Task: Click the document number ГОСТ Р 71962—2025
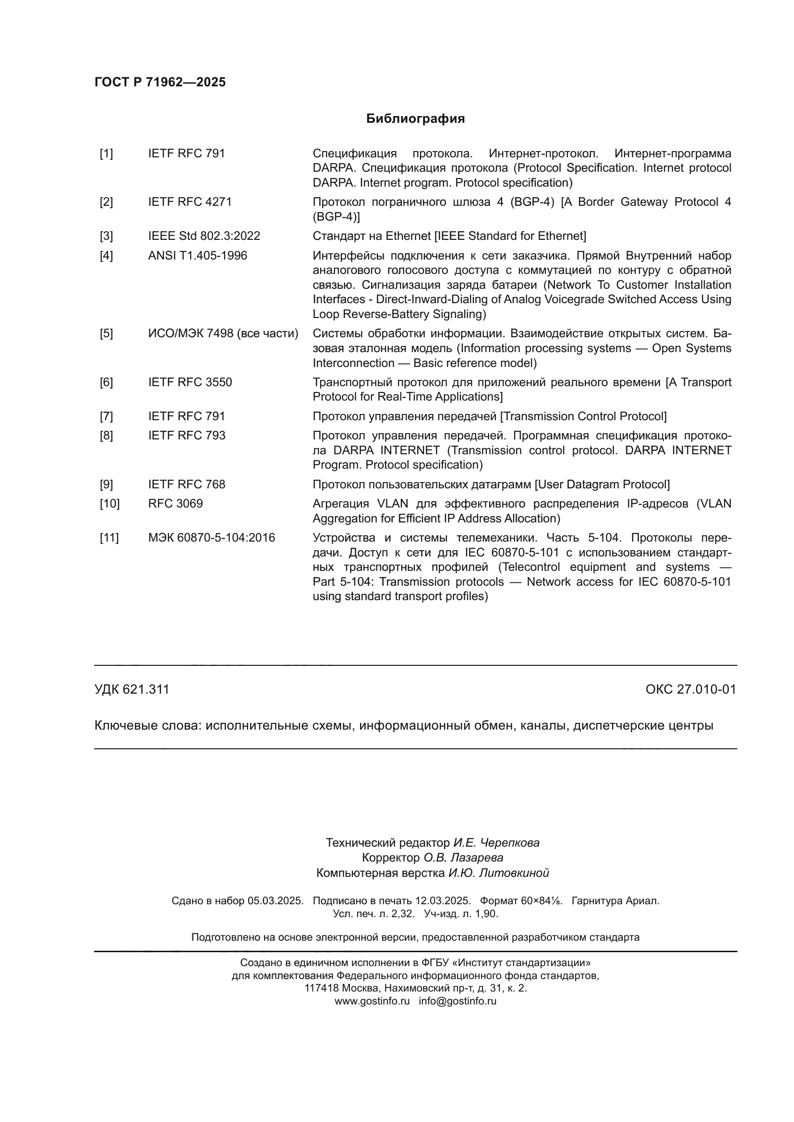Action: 160,82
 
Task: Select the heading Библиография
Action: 415,119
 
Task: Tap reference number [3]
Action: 106,236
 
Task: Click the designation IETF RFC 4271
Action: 190,202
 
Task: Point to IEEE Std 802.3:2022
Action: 204,236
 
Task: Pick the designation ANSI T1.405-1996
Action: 197,256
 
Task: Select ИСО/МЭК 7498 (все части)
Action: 223,334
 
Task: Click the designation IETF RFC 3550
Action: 190,382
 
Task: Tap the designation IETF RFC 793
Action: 187,436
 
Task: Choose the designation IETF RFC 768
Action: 187,484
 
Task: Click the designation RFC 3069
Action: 175,504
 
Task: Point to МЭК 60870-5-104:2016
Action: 211,538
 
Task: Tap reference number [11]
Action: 109,538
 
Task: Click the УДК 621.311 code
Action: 132,689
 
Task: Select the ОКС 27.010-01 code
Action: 690,689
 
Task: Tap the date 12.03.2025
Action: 443,901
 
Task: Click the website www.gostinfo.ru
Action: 372,1001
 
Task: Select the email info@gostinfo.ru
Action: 457,1001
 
